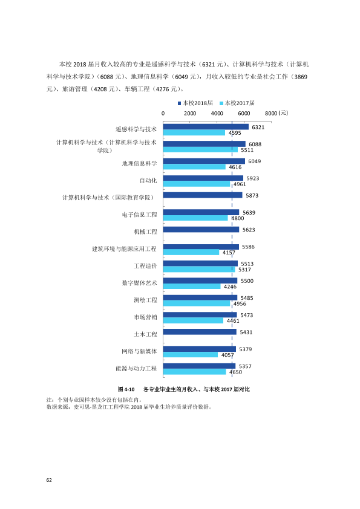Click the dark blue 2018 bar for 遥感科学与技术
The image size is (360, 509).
pyautogui.click(x=206, y=127)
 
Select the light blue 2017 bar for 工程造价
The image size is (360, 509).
pyautogui.click(x=199, y=270)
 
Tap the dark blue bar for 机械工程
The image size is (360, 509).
pyautogui.click(x=201, y=230)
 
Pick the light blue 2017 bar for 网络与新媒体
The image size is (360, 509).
pyautogui.click(x=191, y=355)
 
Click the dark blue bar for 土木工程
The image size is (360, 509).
pyautogui.click(x=200, y=332)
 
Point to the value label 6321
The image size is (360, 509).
pyautogui.click(x=258, y=127)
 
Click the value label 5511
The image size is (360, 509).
pyautogui.click(x=247, y=150)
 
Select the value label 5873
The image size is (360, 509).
pyautogui.click(x=252, y=195)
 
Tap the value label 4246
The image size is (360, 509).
pyautogui.click(x=230, y=287)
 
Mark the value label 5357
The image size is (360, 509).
pyautogui.click(x=245, y=366)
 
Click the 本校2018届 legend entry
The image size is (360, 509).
pyautogui.click(x=195, y=103)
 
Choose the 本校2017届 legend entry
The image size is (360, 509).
pyautogui.click(x=237, y=103)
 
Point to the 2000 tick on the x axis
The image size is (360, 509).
pyautogui.click(x=190, y=113)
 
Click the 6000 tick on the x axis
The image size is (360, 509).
pyautogui.click(x=244, y=113)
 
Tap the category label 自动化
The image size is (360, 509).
pyautogui.click(x=148, y=181)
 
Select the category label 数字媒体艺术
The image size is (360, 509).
pyautogui.click(x=139, y=283)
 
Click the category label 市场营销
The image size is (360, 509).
pyautogui.click(x=145, y=317)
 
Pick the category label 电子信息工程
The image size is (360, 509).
pyautogui.click(x=139, y=215)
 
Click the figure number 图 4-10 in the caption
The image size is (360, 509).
pyautogui.click(x=126, y=389)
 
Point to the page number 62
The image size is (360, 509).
pyautogui.click(x=49, y=480)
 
